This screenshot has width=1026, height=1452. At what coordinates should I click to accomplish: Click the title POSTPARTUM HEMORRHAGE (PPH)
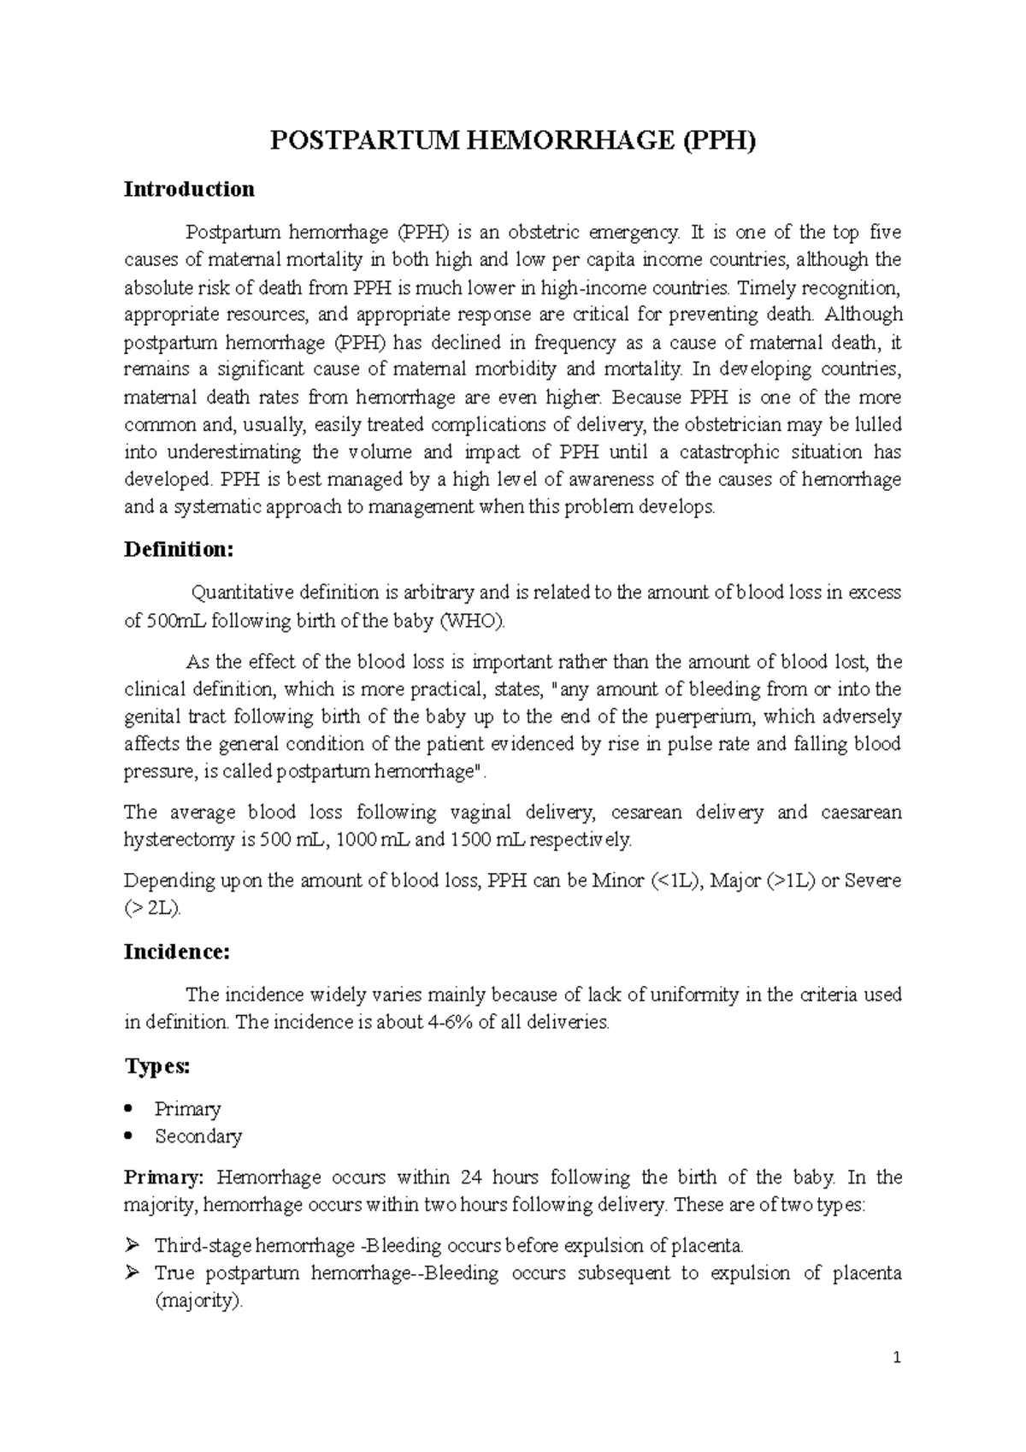coord(513,141)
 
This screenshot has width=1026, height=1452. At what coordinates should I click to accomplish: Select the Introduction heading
coord(189,189)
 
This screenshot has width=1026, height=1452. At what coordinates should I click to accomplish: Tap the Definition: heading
coord(178,549)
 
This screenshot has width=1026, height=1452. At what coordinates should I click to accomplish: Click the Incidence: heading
coord(176,952)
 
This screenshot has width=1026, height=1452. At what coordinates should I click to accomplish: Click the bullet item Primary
coord(187,1109)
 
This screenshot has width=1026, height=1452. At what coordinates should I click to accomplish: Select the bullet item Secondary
coord(198,1136)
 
